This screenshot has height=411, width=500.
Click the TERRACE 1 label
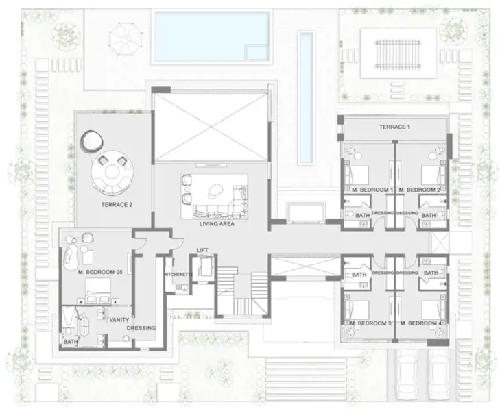[394, 127]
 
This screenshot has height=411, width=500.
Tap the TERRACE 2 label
[116, 205]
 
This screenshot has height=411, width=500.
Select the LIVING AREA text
[217, 224]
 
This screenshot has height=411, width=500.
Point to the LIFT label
[202, 250]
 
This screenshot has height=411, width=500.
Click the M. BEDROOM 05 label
[99, 272]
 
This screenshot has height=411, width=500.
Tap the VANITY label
[119, 319]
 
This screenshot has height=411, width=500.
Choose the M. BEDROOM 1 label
[370, 189]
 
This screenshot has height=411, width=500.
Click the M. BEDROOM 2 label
[419, 189]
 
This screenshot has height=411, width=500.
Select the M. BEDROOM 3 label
[370, 323]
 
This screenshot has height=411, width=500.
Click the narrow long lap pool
[305, 96]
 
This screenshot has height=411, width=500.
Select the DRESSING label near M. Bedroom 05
[141, 328]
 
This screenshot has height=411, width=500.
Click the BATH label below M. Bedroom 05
[70, 340]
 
